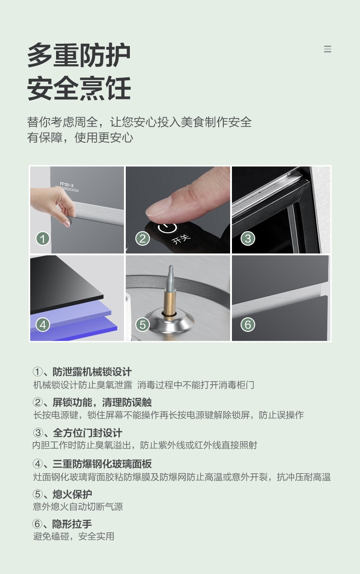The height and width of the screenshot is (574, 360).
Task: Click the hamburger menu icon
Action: coord(328,49)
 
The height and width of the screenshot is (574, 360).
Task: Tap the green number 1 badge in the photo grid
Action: coord(43,238)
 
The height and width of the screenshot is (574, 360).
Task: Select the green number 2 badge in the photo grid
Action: coord(143,238)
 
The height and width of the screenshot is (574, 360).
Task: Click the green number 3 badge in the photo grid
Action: coord(248,238)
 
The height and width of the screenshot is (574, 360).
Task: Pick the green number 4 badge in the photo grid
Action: coord(43,325)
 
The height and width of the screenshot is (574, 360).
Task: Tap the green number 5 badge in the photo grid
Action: coord(143,325)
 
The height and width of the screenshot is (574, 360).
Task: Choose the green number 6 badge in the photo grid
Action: coord(248,325)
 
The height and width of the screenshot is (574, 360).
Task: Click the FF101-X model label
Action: coord(67,185)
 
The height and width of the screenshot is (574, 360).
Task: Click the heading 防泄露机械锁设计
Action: coord(92,372)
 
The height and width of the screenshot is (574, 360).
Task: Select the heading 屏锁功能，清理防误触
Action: coord(102,402)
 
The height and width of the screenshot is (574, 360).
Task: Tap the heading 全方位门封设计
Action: coord(87,433)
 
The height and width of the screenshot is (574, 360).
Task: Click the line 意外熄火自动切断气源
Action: coord(78,507)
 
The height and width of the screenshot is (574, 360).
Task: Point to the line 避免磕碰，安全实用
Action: coord(74,536)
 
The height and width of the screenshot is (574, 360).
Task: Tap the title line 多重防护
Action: coord(79,55)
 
